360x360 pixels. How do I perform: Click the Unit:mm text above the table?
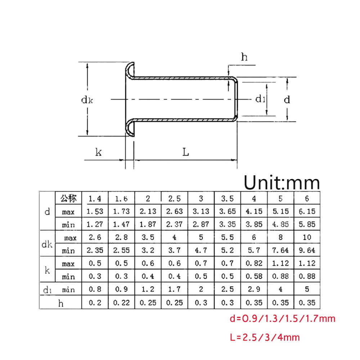click(x=282, y=183)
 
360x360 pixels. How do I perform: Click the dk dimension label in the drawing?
click(x=87, y=100)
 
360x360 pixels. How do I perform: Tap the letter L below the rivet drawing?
click(x=185, y=152)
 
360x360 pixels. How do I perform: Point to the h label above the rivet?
click(x=244, y=57)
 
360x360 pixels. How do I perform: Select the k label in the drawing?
click(x=98, y=152)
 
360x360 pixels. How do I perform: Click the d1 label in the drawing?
click(x=260, y=99)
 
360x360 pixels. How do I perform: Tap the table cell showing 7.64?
click(x=281, y=250)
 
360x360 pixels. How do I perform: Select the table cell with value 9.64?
click(x=307, y=250)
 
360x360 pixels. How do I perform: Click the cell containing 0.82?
click(x=254, y=264)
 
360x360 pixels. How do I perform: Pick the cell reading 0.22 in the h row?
click(x=121, y=303)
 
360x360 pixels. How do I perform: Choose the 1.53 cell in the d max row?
click(x=95, y=211)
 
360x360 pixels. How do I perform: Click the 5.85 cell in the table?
click(x=307, y=224)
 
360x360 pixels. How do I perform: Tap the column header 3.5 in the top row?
click(x=228, y=198)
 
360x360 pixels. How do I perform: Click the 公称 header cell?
click(x=68, y=198)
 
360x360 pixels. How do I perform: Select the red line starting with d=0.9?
click(x=282, y=319)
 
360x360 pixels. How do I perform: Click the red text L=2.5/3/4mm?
click(x=264, y=337)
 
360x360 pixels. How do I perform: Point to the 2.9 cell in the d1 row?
click(x=254, y=289)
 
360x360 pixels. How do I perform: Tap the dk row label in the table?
click(x=47, y=244)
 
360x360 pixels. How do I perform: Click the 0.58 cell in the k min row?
click(x=254, y=276)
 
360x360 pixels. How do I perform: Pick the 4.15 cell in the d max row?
click(x=254, y=211)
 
